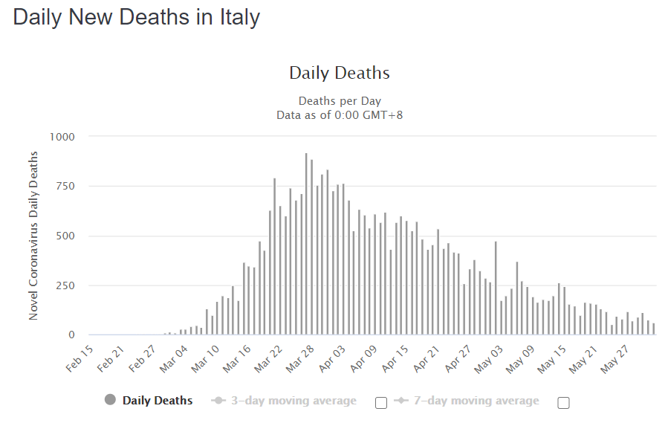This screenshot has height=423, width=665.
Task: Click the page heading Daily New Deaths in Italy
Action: tap(137, 18)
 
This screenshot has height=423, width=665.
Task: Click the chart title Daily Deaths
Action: tap(339, 73)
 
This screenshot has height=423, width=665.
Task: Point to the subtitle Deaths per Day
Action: tap(339, 101)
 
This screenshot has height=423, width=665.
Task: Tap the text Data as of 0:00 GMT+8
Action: tap(339, 114)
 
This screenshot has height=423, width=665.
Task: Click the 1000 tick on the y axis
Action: tap(62, 137)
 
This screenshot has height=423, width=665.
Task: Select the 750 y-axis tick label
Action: tap(65, 187)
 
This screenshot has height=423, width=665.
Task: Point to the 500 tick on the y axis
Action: tap(65, 236)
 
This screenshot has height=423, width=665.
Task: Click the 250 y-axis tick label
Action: tap(65, 285)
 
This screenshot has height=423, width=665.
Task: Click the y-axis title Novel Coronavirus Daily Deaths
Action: tap(33, 235)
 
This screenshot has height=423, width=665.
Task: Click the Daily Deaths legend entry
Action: tap(157, 401)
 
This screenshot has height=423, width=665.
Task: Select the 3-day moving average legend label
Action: tap(293, 401)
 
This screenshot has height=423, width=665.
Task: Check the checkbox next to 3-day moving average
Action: tap(381, 403)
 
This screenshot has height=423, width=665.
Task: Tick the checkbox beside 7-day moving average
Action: tap(563, 403)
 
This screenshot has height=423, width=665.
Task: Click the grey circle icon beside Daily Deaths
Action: tap(111, 401)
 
